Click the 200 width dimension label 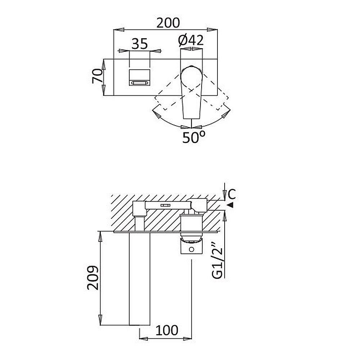(x=168, y=23)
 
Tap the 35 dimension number (x=140, y=44)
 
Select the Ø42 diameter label (x=191, y=40)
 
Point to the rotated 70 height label (x=97, y=76)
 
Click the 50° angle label (x=194, y=137)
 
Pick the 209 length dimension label (x=93, y=278)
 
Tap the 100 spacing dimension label (x=167, y=330)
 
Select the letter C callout (x=232, y=194)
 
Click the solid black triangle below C (x=231, y=205)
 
